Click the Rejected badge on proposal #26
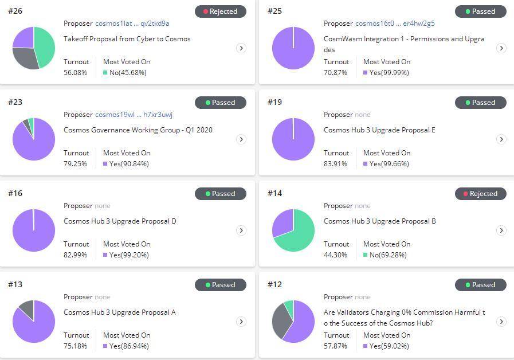point(221,11)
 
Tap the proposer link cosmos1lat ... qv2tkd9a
point(132,24)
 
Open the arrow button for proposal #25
point(501,48)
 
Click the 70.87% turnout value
point(336,73)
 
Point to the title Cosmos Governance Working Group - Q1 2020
point(138,130)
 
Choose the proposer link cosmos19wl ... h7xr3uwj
point(134,115)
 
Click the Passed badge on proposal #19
point(480,103)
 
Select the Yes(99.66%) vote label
point(389,164)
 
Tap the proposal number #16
point(15,193)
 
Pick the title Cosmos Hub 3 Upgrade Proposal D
point(120,221)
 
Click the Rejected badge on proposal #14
point(480,194)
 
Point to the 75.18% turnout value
point(76,346)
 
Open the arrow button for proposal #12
point(501,322)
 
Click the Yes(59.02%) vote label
point(389,346)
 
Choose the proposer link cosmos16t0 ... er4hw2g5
point(395,24)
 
